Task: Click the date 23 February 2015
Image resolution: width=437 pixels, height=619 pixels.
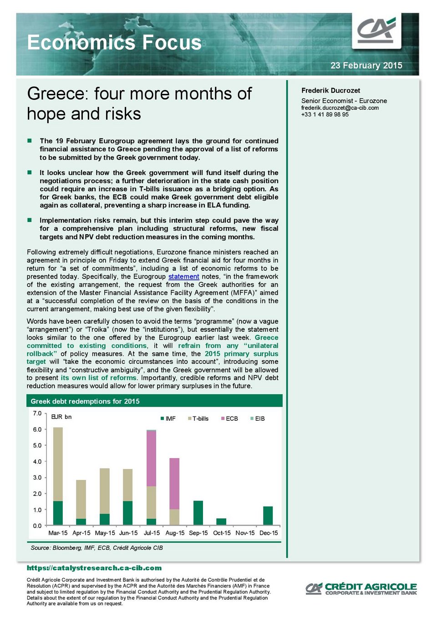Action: (x=366, y=65)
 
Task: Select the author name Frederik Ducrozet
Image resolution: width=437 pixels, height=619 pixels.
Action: (x=330, y=90)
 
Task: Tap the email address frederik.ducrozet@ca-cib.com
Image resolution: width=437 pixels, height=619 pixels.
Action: (x=340, y=108)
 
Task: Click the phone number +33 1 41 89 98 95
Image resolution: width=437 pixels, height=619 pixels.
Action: (x=325, y=114)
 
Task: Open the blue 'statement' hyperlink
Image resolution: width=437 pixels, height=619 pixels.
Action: (x=183, y=276)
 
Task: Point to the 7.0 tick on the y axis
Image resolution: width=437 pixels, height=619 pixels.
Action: (x=37, y=413)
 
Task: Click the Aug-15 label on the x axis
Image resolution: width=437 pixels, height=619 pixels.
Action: (x=175, y=533)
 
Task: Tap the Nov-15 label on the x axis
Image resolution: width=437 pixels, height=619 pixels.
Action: (x=245, y=533)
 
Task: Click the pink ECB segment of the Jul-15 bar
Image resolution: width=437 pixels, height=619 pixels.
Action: (x=151, y=458)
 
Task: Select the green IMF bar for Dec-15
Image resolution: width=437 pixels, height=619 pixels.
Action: (x=268, y=516)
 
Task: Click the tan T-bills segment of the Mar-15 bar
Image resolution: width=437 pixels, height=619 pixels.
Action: (x=58, y=464)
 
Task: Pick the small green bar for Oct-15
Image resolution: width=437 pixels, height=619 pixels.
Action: (x=221, y=521)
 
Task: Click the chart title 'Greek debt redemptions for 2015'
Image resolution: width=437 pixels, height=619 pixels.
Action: (x=85, y=401)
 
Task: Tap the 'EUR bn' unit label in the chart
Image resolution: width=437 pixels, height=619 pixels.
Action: (x=61, y=417)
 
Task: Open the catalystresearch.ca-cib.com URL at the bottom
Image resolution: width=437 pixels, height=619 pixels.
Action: (x=94, y=568)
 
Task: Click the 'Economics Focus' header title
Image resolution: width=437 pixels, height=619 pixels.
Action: (x=114, y=42)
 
